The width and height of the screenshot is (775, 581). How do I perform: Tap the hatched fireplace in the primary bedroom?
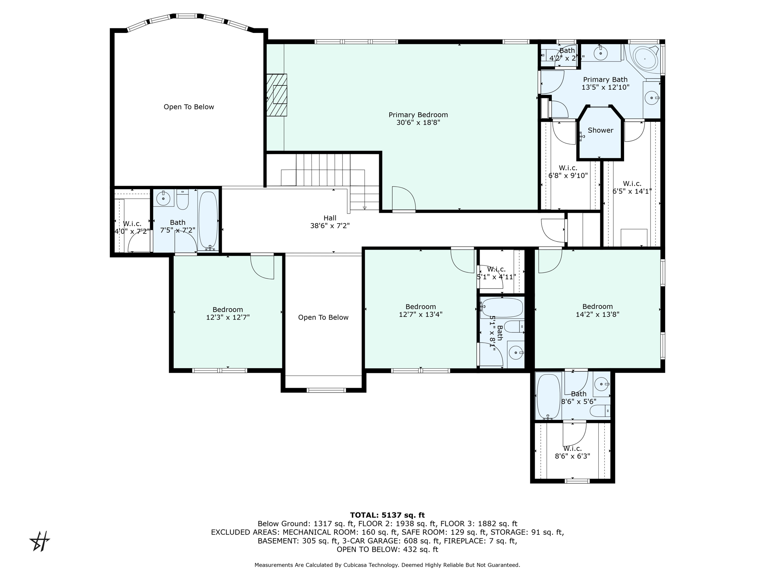pos(277,95)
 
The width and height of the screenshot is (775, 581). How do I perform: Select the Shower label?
pos(600,130)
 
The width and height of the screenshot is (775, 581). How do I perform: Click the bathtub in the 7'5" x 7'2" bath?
pos(208,219)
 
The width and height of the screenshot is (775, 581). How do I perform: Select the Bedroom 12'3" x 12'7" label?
pos(227,314)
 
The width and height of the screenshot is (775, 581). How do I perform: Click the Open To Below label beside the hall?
pos(323,317)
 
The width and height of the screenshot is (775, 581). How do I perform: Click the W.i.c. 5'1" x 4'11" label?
pos(496,273)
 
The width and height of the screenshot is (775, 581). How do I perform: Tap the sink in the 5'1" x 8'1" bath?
pos(515,353)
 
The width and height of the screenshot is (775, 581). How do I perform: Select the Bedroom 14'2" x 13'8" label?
pos(597,310)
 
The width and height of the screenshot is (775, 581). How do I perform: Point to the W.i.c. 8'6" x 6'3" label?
pos(572,452)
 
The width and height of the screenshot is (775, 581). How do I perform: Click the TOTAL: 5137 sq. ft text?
pos(387,515)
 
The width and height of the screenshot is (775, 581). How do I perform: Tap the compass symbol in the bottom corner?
pos(40,541)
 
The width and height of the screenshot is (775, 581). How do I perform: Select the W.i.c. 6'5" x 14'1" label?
pos(632,188)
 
